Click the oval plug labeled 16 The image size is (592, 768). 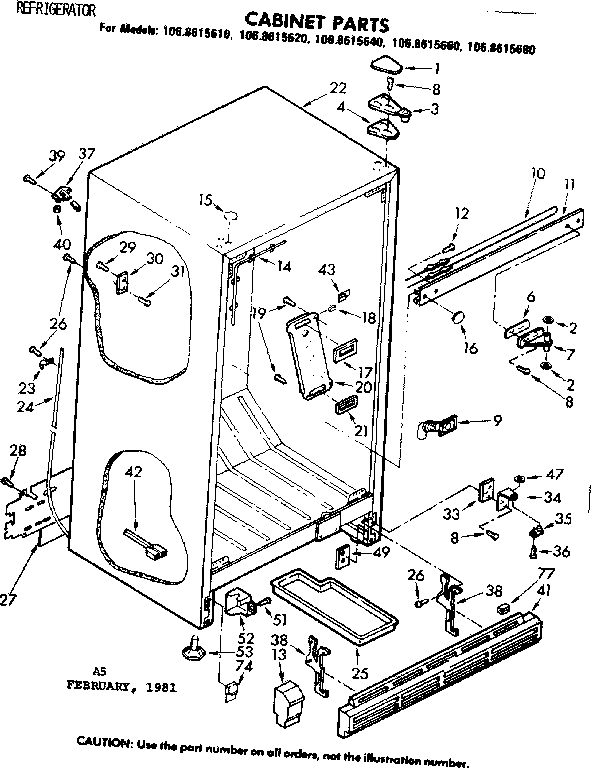(459, 319)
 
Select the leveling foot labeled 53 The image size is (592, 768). (193, 651)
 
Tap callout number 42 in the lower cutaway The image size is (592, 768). (133, 472)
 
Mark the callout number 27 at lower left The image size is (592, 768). (9, 599)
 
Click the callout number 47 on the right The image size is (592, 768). (555, 474)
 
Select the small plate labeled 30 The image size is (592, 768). (123, 283)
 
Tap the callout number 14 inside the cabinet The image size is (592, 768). (284, 266)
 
